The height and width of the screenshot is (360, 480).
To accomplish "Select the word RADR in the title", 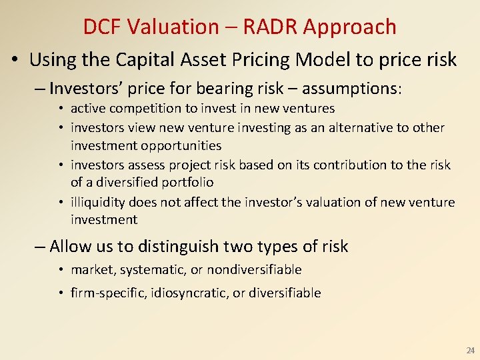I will click(273, 27).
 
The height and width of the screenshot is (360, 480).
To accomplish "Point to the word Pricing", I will click(258, 60).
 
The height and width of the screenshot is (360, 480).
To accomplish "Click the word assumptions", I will click(353, 89).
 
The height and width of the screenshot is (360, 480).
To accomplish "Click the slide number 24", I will click(470, 350).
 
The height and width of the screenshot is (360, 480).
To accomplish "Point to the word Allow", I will click(71, 247).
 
